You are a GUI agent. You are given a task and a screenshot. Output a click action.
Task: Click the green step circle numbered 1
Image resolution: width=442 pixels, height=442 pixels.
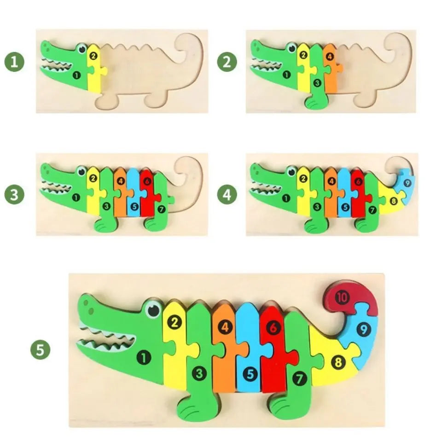point(15,62)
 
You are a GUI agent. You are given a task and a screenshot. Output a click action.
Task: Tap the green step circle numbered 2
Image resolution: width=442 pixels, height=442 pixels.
point(227,62)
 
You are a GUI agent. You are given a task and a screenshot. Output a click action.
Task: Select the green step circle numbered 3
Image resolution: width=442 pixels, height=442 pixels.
point(15,194)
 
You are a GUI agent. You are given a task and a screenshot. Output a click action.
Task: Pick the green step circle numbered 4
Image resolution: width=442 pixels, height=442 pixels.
point(227,194)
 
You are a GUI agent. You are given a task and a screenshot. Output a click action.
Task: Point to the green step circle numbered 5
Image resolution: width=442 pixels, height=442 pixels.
point(40,350)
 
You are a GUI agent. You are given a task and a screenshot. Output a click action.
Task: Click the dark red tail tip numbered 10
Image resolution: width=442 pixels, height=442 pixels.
point(342,297)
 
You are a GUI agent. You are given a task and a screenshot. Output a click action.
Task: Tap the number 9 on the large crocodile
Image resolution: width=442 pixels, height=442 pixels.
point(364,329)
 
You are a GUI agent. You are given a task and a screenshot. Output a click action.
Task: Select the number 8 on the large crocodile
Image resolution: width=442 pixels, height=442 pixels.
point(339,362)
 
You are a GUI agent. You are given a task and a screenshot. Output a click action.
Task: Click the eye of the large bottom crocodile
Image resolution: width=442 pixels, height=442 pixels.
point(153,309)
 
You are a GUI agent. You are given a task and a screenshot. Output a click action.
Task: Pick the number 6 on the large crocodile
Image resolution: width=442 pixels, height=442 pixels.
point(274,328)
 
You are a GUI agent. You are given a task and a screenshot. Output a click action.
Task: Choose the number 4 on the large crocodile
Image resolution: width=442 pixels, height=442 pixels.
point(225,328)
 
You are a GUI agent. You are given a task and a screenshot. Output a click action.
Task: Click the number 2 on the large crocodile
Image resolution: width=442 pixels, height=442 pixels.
point(174,322)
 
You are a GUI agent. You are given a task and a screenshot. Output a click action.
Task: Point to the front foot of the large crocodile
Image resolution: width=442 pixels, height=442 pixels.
point(193,407)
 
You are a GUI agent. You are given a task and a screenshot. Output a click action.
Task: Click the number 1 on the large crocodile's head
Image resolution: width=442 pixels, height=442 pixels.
point(144,357)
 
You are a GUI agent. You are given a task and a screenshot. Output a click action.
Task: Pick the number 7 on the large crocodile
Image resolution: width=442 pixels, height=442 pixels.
point(300,378)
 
